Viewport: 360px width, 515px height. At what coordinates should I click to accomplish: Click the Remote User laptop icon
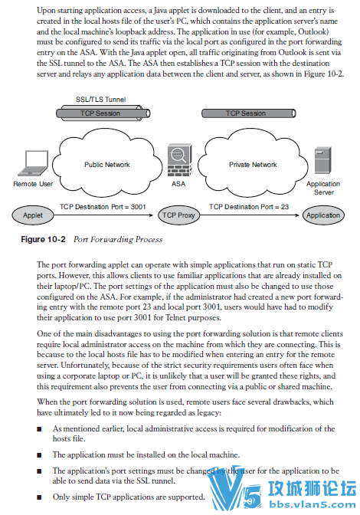click(34, 163)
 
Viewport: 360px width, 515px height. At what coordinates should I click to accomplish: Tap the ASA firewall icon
click(179, 160)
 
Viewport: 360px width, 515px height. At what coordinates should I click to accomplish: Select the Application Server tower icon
click(323, 160)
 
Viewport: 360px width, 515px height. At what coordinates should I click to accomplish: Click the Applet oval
click(33, 215)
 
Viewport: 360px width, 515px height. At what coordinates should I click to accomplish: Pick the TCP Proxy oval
click(178, 215)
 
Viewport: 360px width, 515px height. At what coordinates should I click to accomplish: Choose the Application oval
click(323, 215)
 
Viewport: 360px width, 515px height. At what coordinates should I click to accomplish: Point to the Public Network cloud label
click(107, 165)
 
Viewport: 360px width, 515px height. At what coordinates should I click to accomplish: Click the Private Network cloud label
click(253, 165)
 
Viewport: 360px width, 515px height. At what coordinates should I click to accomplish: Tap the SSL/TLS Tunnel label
click(101, 99)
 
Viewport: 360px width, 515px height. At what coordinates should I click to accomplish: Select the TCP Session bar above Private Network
click(248, 113)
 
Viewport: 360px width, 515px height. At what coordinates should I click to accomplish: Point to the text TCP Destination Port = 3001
click(103, 207)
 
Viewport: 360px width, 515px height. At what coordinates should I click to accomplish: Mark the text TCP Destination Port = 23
click(249, 207)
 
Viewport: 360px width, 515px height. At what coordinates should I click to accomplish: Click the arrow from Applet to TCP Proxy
click(103, 215)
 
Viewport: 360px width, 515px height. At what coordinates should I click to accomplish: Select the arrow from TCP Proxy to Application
click(250, 215)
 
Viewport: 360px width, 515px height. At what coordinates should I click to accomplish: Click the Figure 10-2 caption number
click(44, 239)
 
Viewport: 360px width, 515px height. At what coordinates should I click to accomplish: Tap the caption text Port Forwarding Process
click(118, 239)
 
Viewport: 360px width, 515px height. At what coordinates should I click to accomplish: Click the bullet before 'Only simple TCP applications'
click(39, 497)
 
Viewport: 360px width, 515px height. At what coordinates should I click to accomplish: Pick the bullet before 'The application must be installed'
click(39, 455)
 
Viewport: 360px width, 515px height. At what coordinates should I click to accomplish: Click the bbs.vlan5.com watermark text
click(312, 505)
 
